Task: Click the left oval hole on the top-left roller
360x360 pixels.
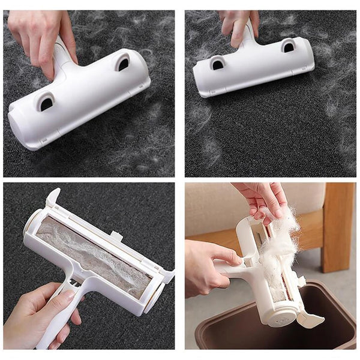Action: pos(46,103)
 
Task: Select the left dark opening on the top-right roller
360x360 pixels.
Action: pos(217,62)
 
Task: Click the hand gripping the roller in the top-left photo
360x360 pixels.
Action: pos(39,36)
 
